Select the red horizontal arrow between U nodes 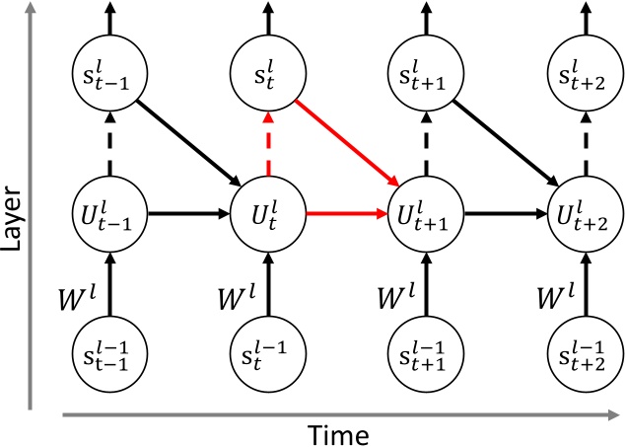tap(345, 211)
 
